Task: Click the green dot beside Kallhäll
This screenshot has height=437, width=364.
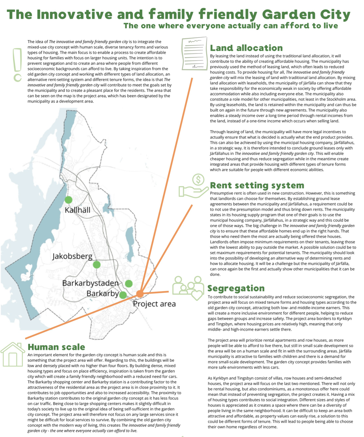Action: [68, 199]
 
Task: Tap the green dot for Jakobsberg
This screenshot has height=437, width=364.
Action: [96, 265]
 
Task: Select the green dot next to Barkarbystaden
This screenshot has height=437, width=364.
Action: [128, 283]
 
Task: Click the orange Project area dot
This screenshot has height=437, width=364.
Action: [140, 293]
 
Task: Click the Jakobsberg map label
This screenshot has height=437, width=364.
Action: [72, 257]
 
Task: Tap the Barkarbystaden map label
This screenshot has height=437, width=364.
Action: [91, 283]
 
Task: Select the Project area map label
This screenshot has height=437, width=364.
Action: [154, 304]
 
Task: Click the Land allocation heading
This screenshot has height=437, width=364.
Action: [246, 48]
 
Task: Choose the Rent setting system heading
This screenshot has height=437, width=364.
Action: [257, 186]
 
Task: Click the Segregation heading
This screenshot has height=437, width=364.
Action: [236, 289]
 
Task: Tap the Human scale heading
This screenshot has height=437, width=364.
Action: [56, 347]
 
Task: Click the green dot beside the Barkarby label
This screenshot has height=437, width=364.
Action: [123, 295]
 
